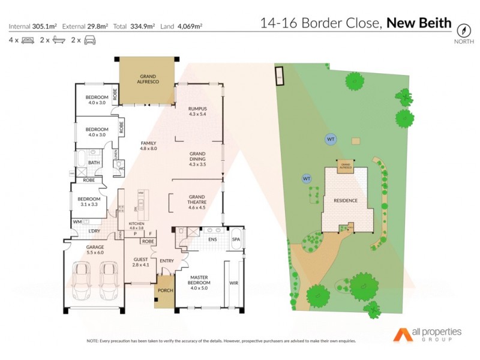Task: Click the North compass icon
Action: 463,31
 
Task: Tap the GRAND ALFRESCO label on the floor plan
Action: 148,79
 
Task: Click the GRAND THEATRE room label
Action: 197,199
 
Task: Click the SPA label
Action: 236,240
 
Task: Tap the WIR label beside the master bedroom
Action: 234,282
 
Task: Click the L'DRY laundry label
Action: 94,231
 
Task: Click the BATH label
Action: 94,162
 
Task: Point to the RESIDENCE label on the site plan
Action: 346,200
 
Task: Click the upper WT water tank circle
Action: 329,139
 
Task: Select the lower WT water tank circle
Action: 306,179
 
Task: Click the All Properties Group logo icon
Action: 401,334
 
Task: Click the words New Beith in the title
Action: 419,23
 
